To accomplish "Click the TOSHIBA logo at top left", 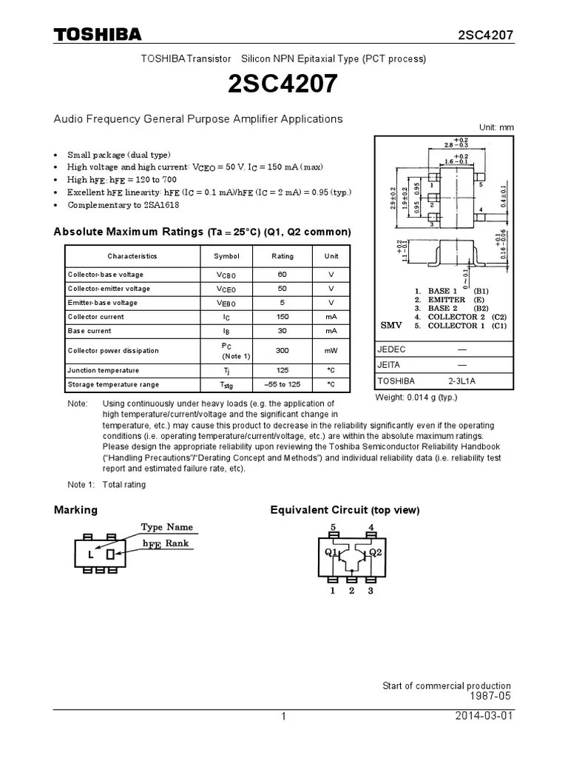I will (x=98, y=35).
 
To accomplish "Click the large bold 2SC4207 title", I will (x=283, y=84).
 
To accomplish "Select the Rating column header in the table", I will (x=283, y=256).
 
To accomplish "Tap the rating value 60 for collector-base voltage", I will (x=283, y=275).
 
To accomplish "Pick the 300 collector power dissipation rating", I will (x=283, y=351).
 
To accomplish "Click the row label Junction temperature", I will (x=103, y=370).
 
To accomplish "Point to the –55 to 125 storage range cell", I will (x=283, y=384).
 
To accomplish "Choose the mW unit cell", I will (x=331, y=351).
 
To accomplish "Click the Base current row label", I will (x=89, y=331).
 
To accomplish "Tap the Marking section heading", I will (x=75, y=510).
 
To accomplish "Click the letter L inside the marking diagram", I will (x=90, y=555).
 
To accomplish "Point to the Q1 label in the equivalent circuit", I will (x=331, y=552).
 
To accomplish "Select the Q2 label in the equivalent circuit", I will (x=376, y=552).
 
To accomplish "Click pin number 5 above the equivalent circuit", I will (x=333, y=528).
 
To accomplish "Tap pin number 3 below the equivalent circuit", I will (x=371, y=590).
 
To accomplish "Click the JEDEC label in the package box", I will (x=392, y=349).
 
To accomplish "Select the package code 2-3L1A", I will (x=461, y=380).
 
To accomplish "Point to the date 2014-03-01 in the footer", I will (x=484, y=716).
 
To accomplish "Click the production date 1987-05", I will (x=490, y=697).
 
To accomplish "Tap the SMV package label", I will (x=390, y=325).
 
